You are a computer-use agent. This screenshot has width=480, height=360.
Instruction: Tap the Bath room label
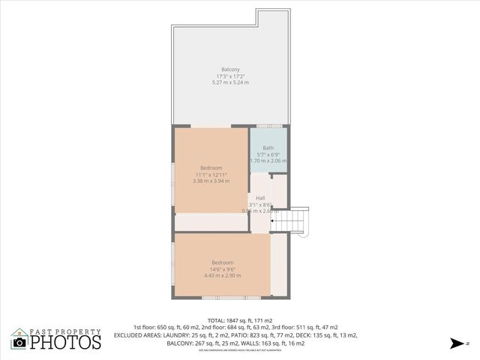(268, 148)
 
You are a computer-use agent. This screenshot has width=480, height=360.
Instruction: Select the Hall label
(260, 198)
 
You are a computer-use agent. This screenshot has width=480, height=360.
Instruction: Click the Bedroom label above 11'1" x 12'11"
(211, 167)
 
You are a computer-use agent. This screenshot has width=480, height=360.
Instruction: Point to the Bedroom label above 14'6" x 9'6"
(222, 262)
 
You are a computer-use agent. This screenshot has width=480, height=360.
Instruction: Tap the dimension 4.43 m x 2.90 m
(222, 275)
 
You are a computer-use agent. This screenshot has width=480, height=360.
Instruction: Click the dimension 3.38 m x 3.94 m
(211, 181)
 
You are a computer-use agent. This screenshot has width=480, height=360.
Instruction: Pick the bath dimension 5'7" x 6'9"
(268, 154)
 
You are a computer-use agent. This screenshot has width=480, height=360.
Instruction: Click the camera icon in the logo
(19, 342)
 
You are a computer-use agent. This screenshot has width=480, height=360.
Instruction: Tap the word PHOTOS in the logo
(65, 342)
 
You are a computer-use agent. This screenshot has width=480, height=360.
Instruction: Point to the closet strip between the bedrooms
(212, 222)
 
